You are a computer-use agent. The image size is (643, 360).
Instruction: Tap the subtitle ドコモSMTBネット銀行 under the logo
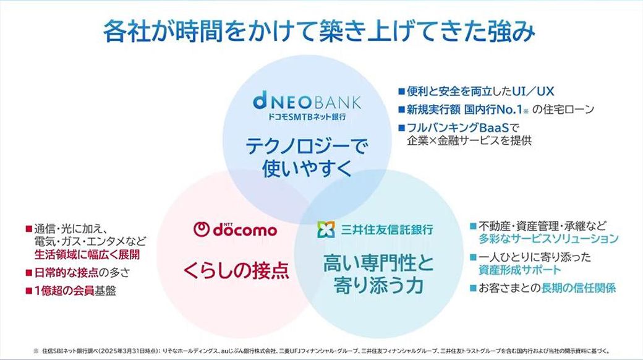click(x=307, y=116)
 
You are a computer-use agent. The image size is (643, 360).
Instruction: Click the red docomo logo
click(x=236, y=230)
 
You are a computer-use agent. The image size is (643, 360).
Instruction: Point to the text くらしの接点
click(x=236, y=270)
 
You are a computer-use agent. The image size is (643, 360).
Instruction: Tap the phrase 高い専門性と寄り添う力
click(x=378, y=274)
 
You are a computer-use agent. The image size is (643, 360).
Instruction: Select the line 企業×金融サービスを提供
click(x=468, y=140)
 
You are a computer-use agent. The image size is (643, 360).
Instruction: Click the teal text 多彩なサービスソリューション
click(x=548, y=238)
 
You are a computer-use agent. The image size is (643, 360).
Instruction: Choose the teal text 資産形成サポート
click(x=519, y=270)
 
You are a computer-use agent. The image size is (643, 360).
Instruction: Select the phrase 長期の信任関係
click(x=578, y=288)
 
